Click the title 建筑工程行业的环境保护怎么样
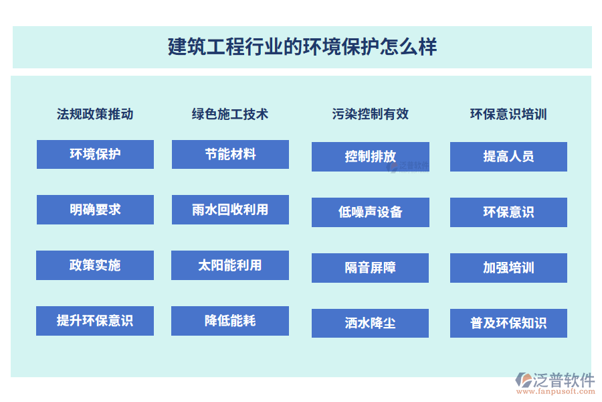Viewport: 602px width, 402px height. point(302,47)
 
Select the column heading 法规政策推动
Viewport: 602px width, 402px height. point(95,115)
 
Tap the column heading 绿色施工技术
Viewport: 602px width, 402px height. point(230,115)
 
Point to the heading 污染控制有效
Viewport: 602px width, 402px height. point(370,115)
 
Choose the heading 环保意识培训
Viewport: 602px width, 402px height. point(508,115)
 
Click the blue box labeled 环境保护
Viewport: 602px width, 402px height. point(95,154)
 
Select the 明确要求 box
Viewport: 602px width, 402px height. point(95,210)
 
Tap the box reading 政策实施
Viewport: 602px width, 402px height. point(95,265)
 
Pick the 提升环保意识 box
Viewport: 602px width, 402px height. point(95,321)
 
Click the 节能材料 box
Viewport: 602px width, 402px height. point(230,154)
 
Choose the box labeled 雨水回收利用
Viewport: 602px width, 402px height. point(230,210)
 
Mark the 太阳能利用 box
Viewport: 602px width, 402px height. point(230,265)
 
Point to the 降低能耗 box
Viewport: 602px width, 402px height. point(230,321)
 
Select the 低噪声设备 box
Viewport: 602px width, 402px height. point(371,212)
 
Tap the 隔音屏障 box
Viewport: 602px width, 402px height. point(370,268)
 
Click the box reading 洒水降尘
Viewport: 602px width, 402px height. point(370,323)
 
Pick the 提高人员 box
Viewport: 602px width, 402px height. point(509,157)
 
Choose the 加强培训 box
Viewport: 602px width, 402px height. point(509,268)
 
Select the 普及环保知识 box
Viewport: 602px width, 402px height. point(509,323)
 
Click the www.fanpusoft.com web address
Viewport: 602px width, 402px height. point(556,391)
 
